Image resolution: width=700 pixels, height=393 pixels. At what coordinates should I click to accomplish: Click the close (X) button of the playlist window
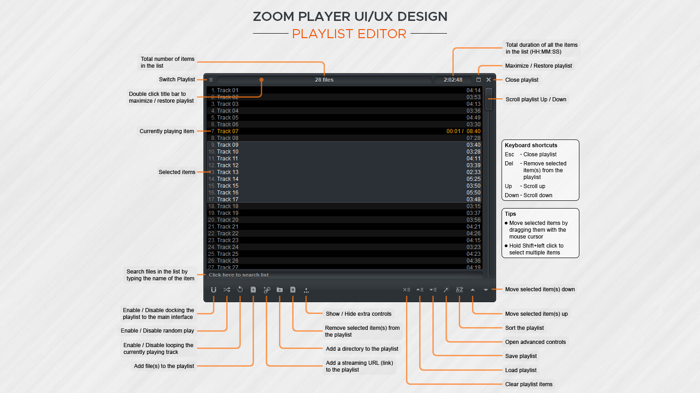coord(488,80)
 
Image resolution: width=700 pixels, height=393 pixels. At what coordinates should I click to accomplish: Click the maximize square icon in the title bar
coord(478,80)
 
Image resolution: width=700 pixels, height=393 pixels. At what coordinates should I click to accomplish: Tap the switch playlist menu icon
coord(211,80)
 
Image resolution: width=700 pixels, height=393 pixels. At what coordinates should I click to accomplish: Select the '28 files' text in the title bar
coord(324,80)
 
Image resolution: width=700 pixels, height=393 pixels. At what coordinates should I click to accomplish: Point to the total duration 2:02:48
coord(453,80)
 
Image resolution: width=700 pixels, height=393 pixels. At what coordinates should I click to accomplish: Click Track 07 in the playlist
coord(228,131)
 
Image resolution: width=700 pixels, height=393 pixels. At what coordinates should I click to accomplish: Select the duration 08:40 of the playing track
coord(473,131)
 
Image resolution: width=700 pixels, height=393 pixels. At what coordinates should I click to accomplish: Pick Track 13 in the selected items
coord(228,172)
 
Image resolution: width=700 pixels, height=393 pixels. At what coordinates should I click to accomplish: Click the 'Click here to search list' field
coord(239,275)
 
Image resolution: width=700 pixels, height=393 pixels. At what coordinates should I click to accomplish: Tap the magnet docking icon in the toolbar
coord(213,289)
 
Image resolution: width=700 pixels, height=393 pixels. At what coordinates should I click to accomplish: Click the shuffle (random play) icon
coord(227,289)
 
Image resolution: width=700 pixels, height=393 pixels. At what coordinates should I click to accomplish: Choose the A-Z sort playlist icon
coord(460,289)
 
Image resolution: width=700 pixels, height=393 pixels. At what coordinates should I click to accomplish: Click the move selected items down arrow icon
coord(486,289)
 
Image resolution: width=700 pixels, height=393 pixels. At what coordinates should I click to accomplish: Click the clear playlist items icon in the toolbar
coord(406,289)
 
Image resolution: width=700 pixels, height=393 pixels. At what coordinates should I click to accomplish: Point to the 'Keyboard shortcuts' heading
coord(531,145)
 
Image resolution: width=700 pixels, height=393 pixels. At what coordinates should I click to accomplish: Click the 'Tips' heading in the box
coord(510,214)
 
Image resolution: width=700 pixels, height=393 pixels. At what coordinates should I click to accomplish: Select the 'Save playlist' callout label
coord(521,356)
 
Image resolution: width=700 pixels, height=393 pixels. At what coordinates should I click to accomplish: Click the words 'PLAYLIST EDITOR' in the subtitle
coord(349,34)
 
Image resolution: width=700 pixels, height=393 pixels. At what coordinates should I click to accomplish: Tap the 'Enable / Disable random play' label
coord(157,331)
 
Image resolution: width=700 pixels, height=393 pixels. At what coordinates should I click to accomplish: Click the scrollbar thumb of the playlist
coord(489,99)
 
